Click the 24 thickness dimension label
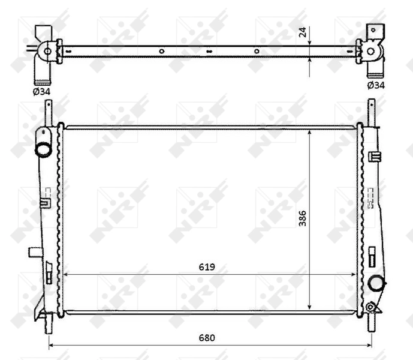click(303, 32)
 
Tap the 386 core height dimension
click(303, 218)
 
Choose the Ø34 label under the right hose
click(375, 85)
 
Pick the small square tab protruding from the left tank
click(34, 253)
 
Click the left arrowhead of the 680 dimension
click(51, 346)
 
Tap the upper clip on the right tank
click(375, 157)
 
